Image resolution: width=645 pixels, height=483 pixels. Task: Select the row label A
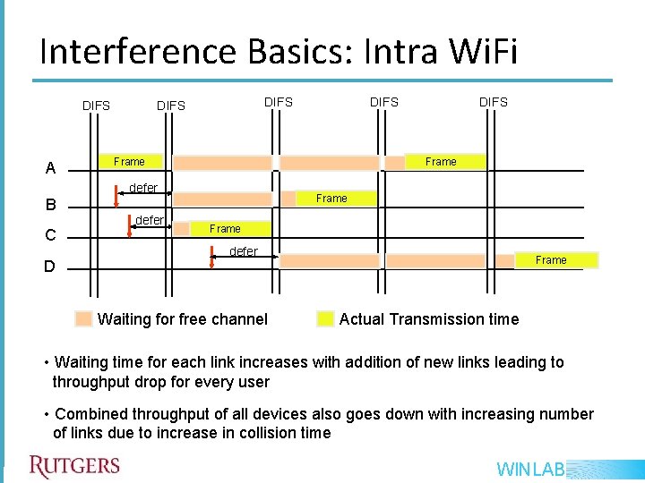51,168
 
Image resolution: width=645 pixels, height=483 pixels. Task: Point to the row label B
51,205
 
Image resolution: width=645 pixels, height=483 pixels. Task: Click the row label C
51,236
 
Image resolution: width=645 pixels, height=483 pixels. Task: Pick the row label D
51,267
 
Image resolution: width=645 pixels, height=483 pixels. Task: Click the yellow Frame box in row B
331,199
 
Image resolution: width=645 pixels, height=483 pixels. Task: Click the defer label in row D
244,251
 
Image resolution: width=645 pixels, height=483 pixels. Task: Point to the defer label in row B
143,188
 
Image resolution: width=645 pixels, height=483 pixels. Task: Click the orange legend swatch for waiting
84,319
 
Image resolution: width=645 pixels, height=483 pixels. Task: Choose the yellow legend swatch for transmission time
325,319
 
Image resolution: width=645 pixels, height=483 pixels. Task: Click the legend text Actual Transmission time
428,319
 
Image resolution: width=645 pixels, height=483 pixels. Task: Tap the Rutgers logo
74,466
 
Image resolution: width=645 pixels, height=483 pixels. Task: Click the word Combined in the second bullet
88,414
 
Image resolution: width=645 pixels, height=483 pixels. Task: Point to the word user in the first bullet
252,381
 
